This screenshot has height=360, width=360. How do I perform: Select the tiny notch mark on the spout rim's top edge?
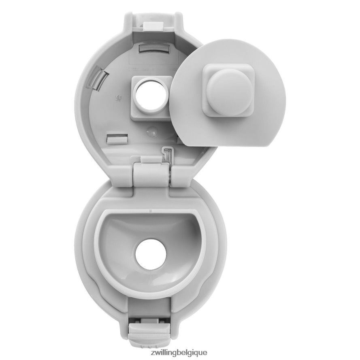click(150, 211)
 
